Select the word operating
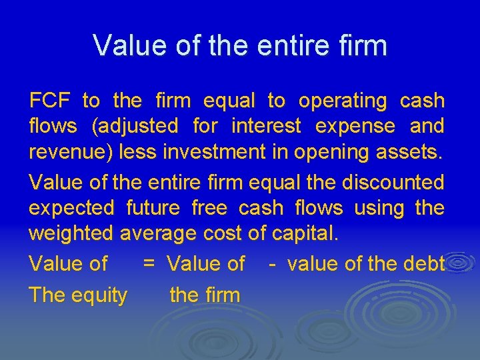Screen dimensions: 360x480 pos(343,101)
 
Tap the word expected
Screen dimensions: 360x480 pos(71,208)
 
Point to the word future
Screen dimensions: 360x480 pos(153,208)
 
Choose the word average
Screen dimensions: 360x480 pos(158,234)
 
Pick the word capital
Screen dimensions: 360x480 pos(304,234)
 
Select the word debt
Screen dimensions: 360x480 pos(423,264)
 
